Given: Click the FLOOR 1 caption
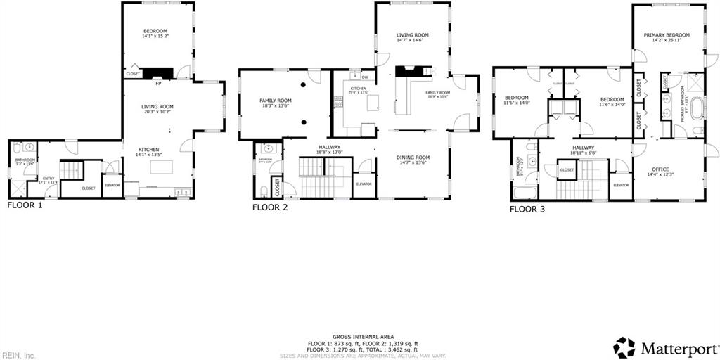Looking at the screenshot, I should click(25, 206).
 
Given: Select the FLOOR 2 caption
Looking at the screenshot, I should click(270, 207).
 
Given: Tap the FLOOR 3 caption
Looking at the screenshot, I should click(527, 209).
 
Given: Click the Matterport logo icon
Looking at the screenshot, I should click(624, 347).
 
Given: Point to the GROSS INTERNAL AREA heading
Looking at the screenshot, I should click(362, 337).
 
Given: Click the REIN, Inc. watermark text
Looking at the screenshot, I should click(18, 355).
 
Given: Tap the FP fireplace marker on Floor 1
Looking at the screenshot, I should click(158, 84).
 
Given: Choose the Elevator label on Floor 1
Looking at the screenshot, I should click(112, 185).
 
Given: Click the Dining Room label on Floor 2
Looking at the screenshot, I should click(413, 160).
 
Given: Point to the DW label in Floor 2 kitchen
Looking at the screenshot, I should click(364, 77).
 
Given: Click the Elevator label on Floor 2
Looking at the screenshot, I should click(364, 184).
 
